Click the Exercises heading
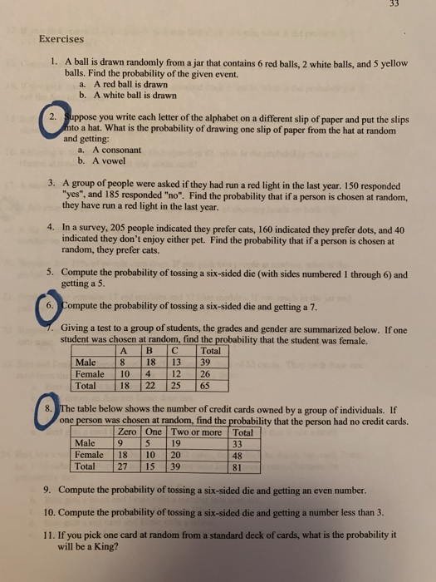62,37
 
